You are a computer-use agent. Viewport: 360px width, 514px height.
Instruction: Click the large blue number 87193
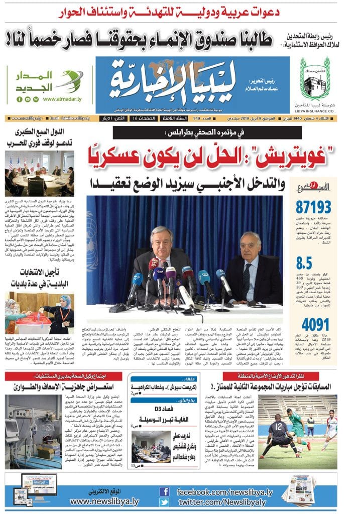tap(314, 207)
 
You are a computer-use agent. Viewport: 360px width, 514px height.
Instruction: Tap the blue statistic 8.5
tap(305, 263)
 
